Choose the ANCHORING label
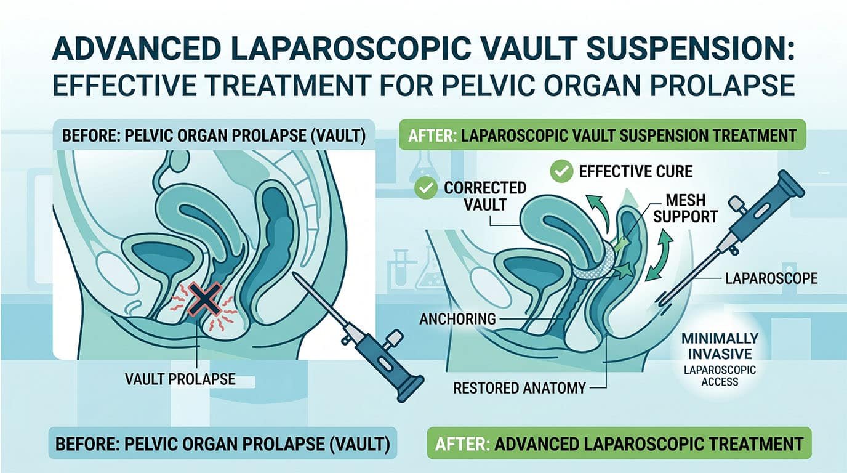[457, 319]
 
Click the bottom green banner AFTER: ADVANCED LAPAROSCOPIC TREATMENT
[618, 444]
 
